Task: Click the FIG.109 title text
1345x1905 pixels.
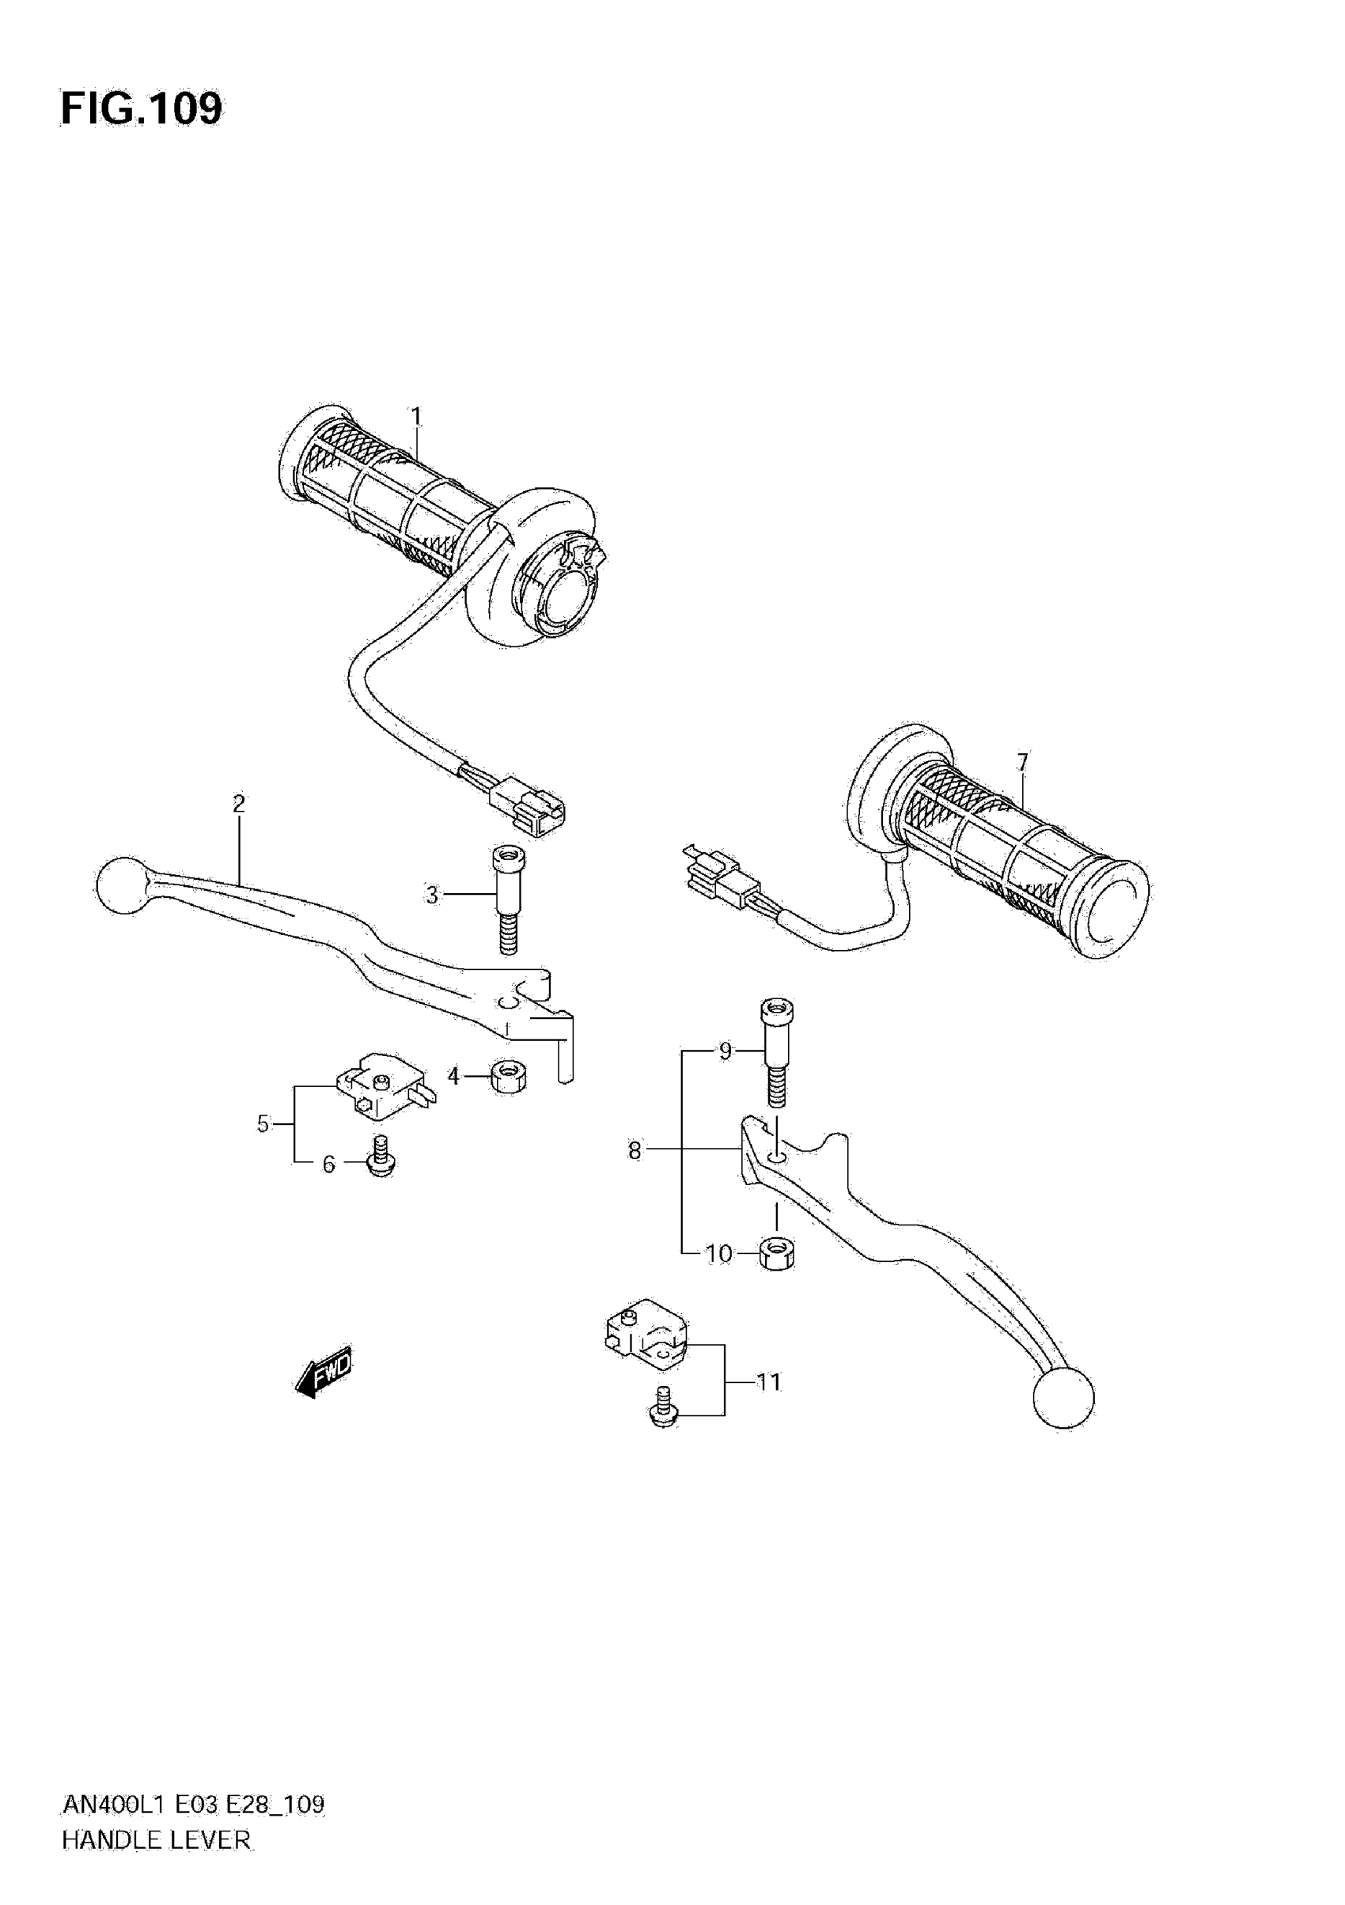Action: click(141, 108)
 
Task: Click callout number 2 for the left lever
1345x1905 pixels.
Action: click(239, 803)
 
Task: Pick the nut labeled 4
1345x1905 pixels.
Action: click(508, 1077)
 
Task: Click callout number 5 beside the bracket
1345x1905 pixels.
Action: click(263, 1124)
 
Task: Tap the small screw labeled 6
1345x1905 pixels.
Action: click(381, 1157)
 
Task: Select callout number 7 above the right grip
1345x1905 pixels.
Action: click(1022, 761)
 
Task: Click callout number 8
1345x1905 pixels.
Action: click(635, 1151)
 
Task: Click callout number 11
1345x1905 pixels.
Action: click(768, 1381)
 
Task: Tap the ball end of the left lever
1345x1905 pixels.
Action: click(121, 886)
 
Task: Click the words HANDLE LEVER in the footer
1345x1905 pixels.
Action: click(156, 1840)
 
